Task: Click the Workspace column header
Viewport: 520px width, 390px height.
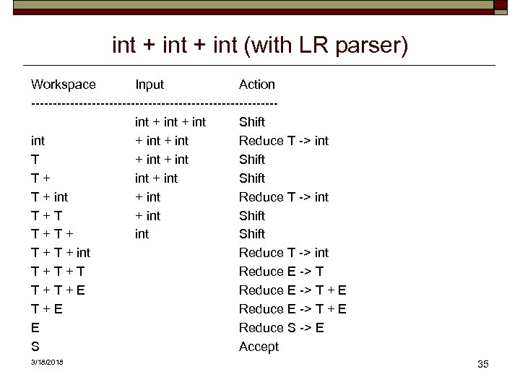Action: [64, 84]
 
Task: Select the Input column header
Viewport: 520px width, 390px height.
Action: [149, 84]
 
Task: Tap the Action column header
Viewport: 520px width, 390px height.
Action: [257, 84]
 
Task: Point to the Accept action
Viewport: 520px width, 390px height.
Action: [259, 347]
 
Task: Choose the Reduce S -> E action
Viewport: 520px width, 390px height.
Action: [282, 328]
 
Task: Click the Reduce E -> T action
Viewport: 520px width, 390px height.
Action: [282, 272]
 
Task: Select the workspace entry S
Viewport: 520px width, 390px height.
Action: [35, 347]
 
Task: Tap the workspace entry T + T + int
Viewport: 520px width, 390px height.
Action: [61, 253]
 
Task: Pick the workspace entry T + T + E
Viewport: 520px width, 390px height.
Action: [58, 290]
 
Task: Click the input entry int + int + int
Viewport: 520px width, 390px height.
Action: [170, 122]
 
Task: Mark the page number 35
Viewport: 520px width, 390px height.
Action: [483, 365]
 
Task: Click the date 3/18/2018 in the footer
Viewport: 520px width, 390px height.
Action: [47, 362]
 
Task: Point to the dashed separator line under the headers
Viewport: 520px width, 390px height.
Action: [154, 103]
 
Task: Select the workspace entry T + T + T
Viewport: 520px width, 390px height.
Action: [58, 272]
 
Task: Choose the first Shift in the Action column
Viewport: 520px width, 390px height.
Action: [252, 122]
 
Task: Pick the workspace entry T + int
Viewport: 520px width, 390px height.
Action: [49, 196]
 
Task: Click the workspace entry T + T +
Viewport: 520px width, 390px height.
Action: [52, 234]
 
